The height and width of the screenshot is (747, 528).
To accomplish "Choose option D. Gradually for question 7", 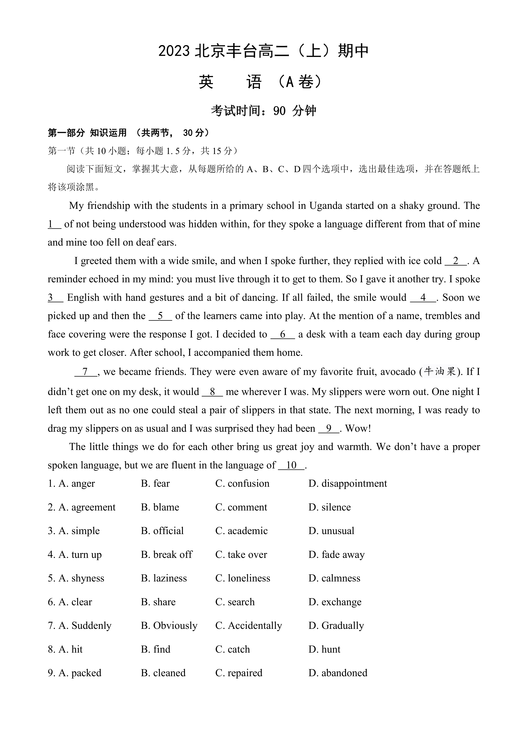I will [x=336, y=626].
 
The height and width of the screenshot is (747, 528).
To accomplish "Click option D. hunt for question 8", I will [x=324, y=649].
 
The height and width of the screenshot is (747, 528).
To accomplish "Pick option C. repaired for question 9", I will [x=239, y=673].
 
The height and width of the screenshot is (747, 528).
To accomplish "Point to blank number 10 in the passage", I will [x=291, y=465].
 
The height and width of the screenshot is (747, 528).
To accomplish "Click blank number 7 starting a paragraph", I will [x=85, y=372].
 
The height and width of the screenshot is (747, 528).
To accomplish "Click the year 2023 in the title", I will [x=174, y=51].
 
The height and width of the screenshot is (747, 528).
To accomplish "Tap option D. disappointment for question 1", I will [x=348, y=484].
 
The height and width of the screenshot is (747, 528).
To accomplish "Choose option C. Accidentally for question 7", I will [x=248, y=626].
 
